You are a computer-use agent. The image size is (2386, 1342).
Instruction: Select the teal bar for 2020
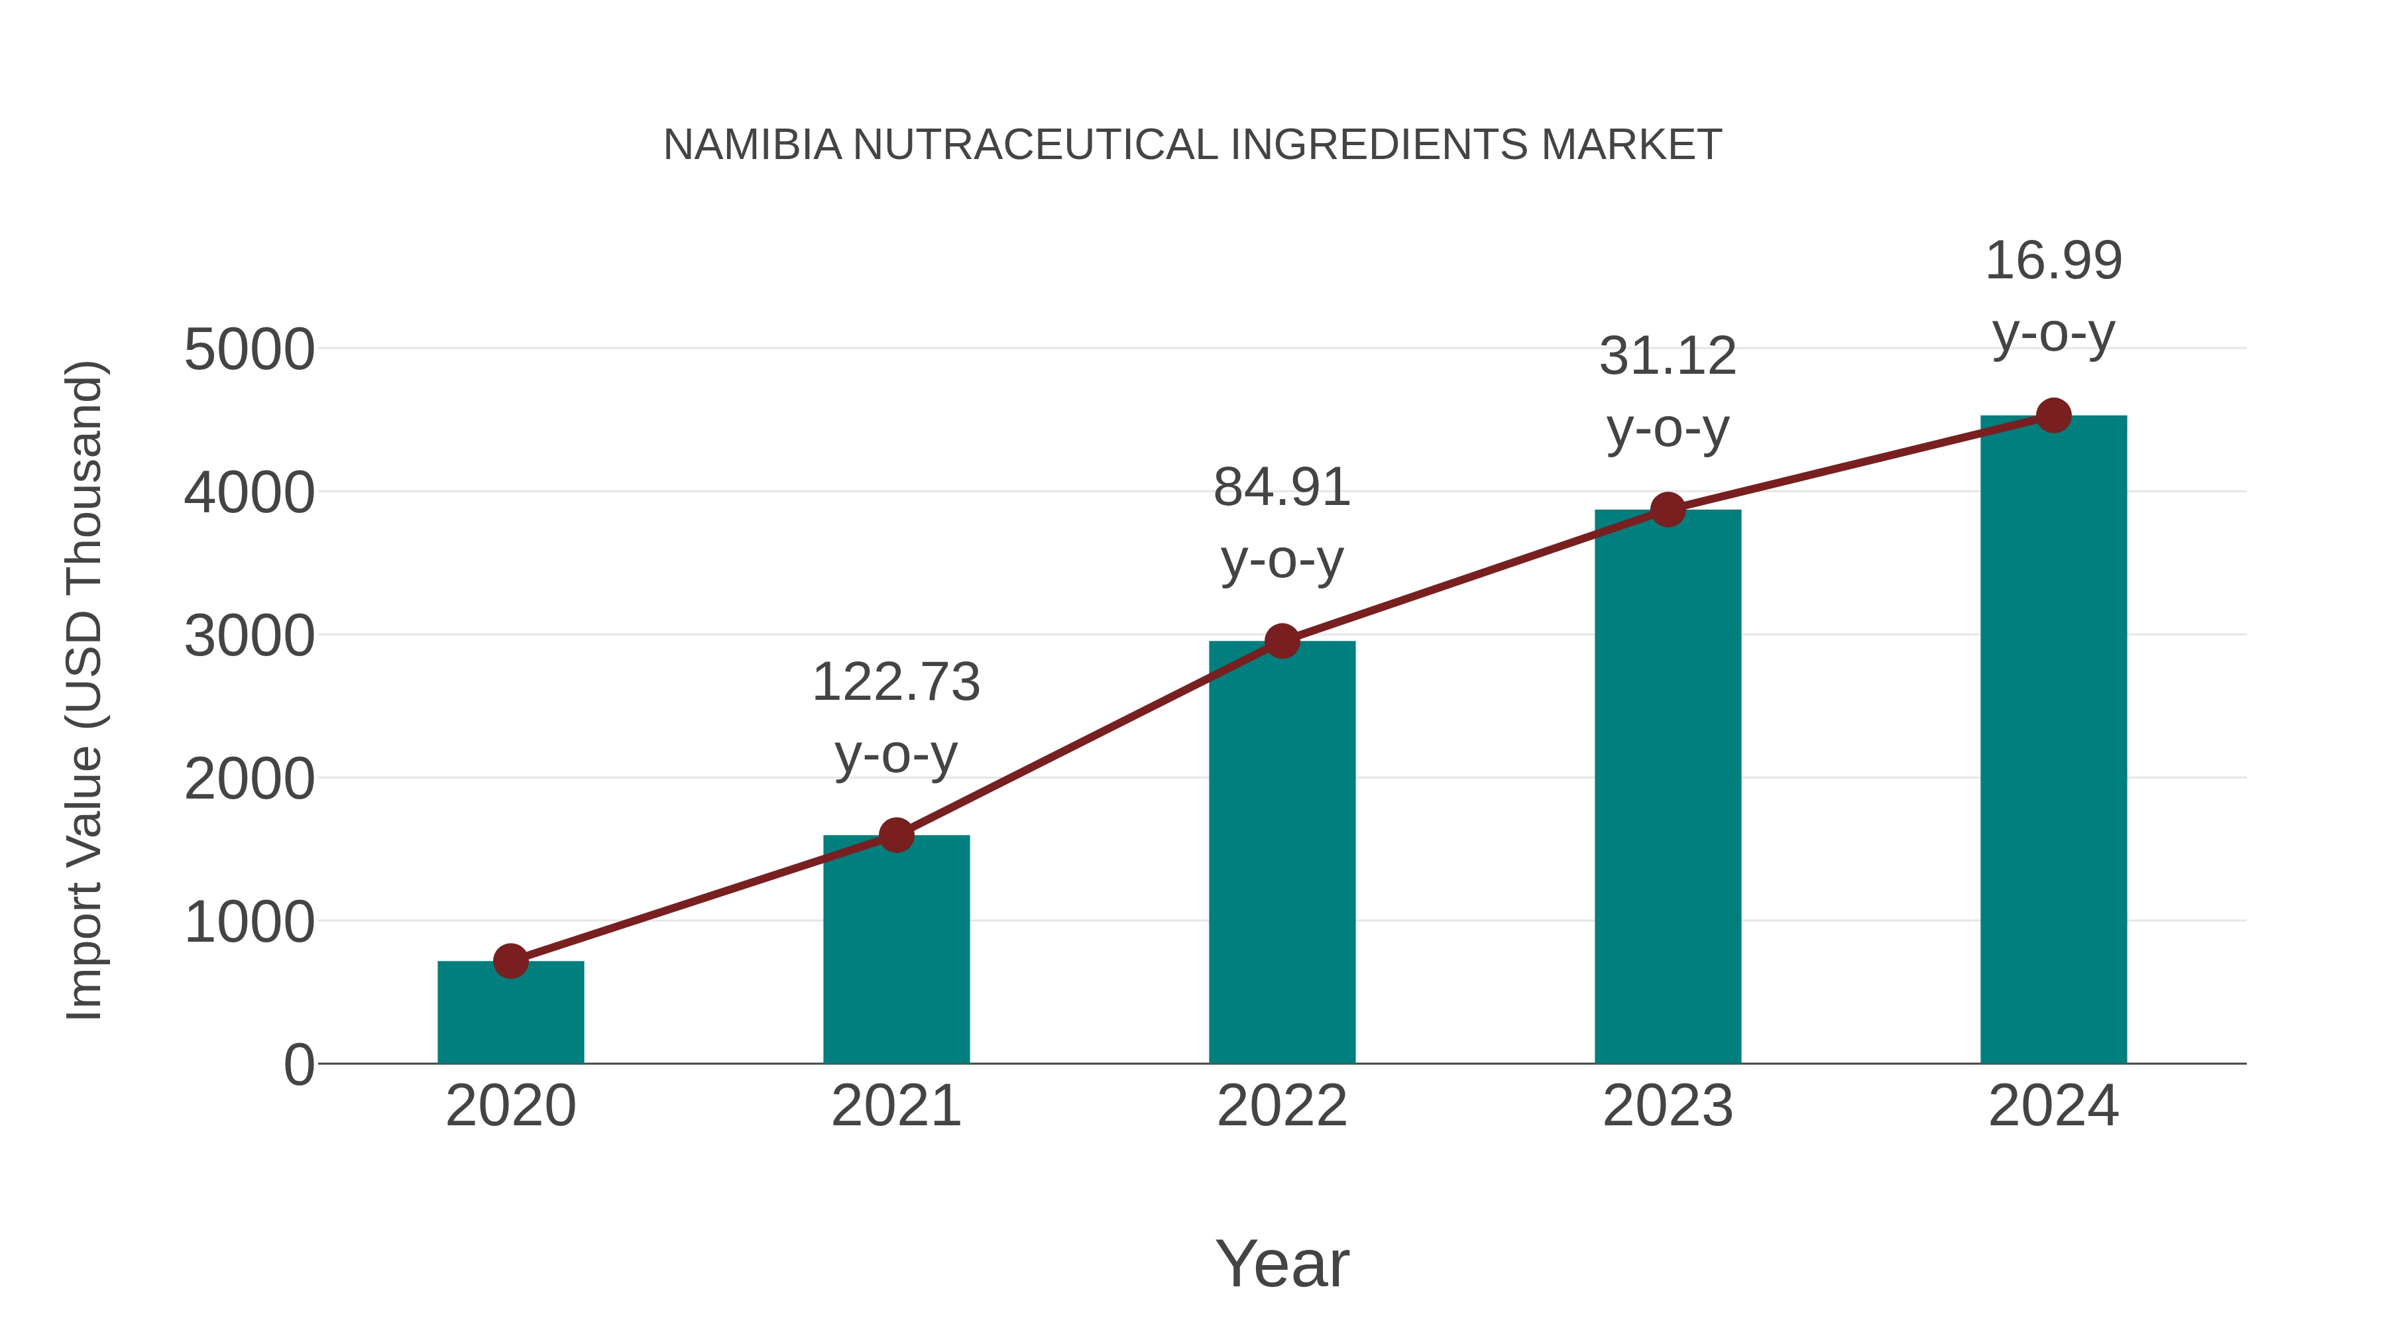click(510, 1013)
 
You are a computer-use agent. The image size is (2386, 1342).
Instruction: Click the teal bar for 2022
click(1282, 852)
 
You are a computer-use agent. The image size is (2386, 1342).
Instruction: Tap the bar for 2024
click(2053, 740)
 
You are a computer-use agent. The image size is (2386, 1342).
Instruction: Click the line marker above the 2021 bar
click(895, 836)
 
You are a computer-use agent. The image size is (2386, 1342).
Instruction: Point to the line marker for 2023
click(1668, 510)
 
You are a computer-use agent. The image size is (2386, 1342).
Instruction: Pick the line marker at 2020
click(510, 962)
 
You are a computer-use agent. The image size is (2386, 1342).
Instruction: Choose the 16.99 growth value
click(2053, 260)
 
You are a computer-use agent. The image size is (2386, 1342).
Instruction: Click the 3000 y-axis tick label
click(249, 636)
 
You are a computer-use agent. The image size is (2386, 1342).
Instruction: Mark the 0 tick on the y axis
click(299, 1065)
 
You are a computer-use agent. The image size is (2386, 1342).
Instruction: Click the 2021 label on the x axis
click(895, 1106)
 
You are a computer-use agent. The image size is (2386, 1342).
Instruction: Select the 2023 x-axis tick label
click(1668, 1106)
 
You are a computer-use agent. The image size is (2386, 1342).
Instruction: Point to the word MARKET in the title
click(1631, 145)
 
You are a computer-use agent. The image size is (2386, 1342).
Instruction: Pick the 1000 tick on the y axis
click(249, 923)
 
